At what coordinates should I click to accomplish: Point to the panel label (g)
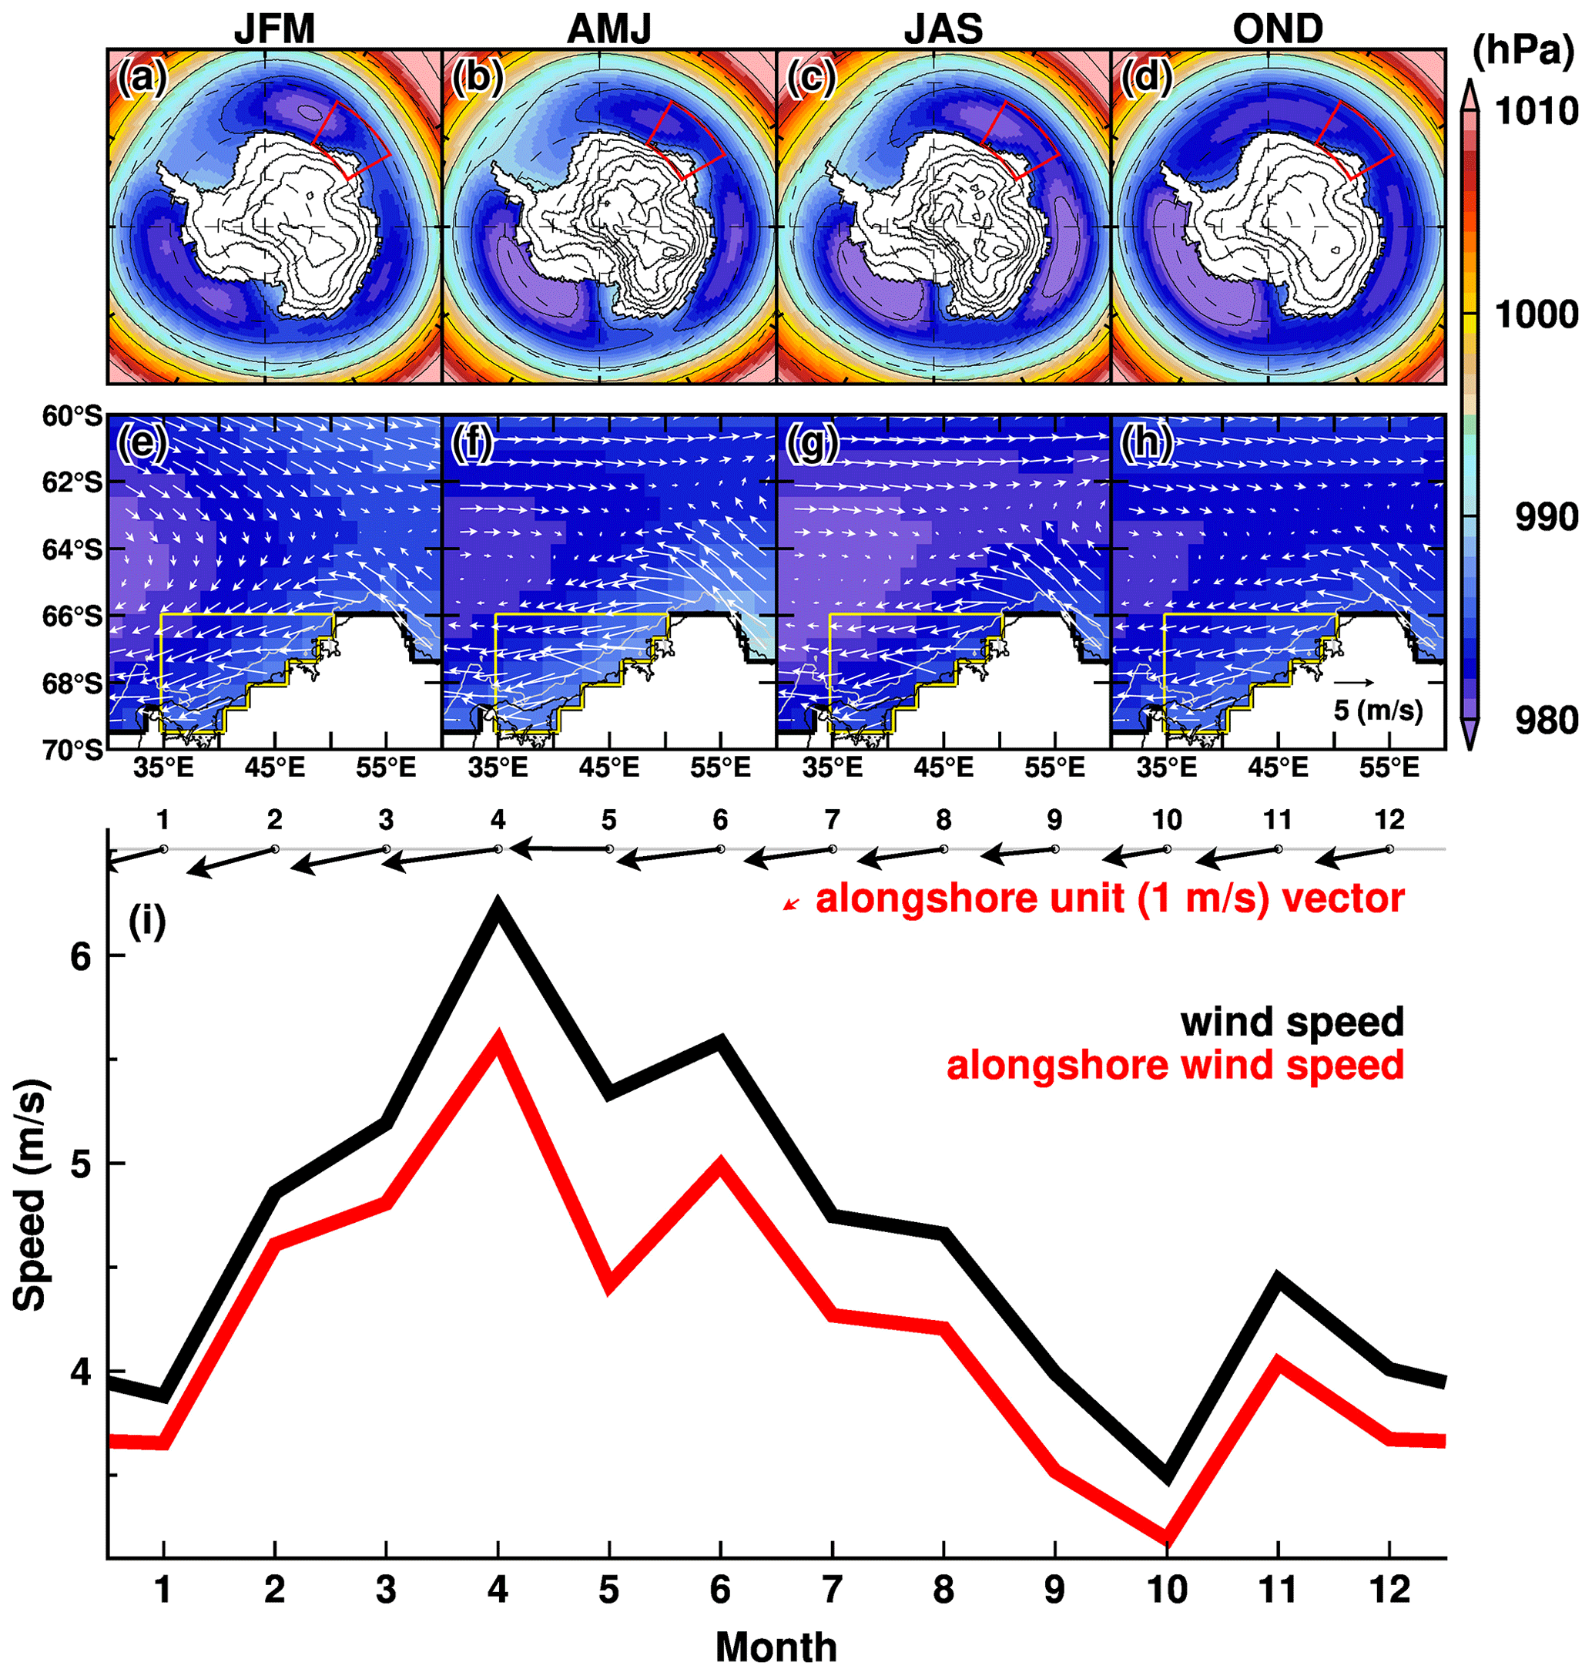click(x=812, y=443)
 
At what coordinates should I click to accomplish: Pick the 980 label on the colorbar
click(x=1547, y=720)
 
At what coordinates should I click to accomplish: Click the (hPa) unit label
click(x=1523, y=51)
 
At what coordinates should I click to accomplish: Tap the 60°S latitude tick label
click(x=72, y=416)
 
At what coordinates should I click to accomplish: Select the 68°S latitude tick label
click(x=72, y=683)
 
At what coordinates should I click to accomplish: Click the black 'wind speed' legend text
click(x=1292, y=1021)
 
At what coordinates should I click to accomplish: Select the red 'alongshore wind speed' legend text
click(x=1175, y=1065)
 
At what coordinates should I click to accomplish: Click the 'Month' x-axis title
click(x=776, y=1647)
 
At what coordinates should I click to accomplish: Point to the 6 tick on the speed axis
click(x=82, y=956)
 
